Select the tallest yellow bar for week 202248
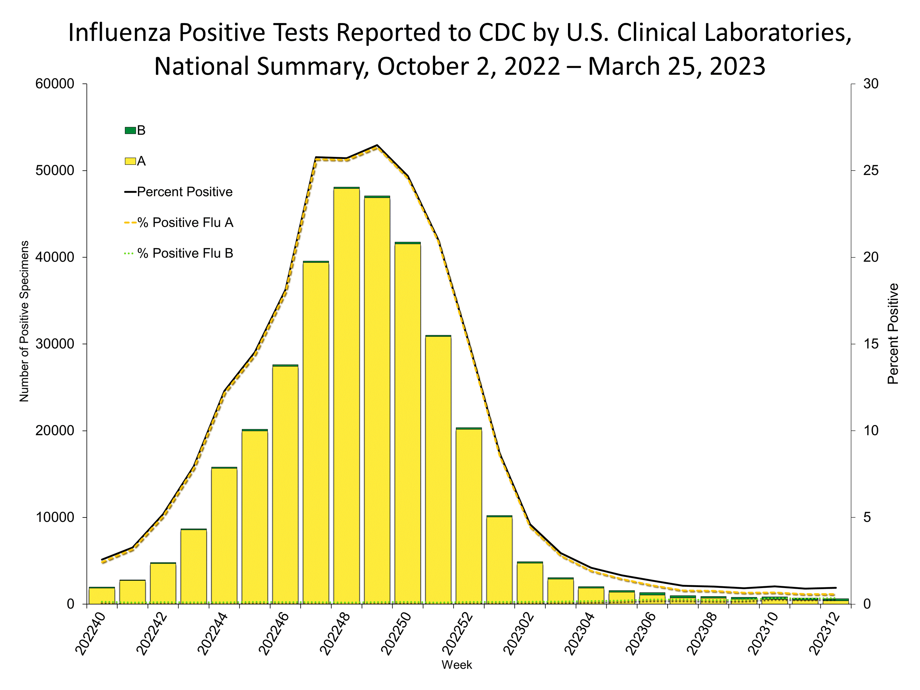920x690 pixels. pyautogui.click(x=347, y=395)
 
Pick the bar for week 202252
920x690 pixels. pyautogui.click(x=469, y=516)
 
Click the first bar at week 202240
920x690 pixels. pyautogui.click(x=102, y=595)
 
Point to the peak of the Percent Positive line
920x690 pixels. pyautogui.click(x=377, y=145)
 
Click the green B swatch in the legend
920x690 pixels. pyautogui.click(x=130, y=131)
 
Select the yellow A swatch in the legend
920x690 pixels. pyautogui.click(x=130, y=161)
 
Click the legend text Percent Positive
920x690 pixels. pyautogui.click(x=184, y=192)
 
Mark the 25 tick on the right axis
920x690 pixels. pyautogui.click(x=870, y=171)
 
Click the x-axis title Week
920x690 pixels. pyautogui.click(x=457, y=665)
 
